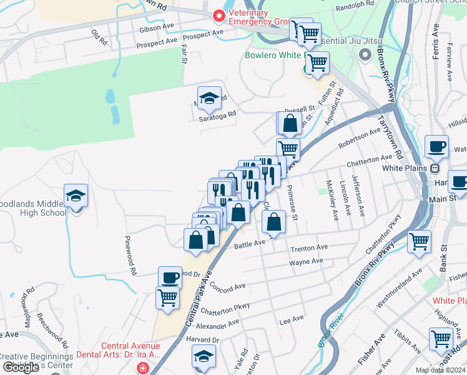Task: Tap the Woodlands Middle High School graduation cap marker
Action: [76, 197]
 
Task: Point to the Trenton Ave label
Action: [309, 248]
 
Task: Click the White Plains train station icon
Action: [436, 168]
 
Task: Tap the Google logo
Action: [21, 367]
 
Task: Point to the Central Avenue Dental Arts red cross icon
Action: [143, 369]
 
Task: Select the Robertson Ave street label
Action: [359, 139]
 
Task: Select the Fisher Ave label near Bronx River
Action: [371, 354]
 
